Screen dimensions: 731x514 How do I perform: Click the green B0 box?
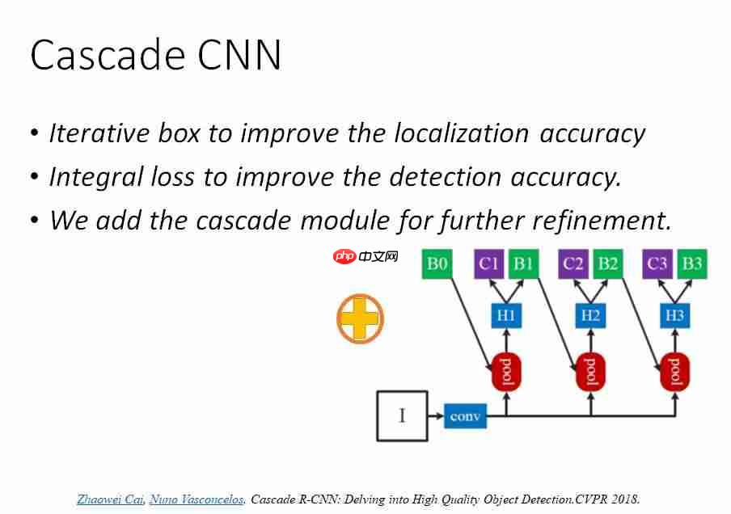point(437,263)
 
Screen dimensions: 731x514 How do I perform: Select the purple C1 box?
point(488,263)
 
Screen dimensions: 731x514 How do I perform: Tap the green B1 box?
point(523,263)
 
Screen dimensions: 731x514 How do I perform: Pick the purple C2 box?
point(573,263)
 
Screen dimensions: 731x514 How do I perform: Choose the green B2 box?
point(607,263)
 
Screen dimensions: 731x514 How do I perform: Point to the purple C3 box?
point(657,263)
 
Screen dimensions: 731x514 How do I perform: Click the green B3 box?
point(692,263)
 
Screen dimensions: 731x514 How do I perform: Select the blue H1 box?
point(506,316)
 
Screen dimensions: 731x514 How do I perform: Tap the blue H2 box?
point(590,316)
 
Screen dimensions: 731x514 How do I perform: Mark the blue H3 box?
point(675,316)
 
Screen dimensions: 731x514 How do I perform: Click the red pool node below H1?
point(506,372)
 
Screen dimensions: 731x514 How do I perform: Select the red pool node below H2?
point(590,372)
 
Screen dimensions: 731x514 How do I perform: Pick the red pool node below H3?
point(675,372)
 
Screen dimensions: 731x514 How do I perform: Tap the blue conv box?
point(465,415)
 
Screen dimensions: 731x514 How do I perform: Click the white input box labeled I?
point(403,415)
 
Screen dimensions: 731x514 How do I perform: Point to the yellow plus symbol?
point(360,318)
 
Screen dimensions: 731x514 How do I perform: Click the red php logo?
point(345,256)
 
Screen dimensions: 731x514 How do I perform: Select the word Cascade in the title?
point(108,54)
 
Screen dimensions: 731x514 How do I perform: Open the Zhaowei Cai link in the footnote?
point(110,499)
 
